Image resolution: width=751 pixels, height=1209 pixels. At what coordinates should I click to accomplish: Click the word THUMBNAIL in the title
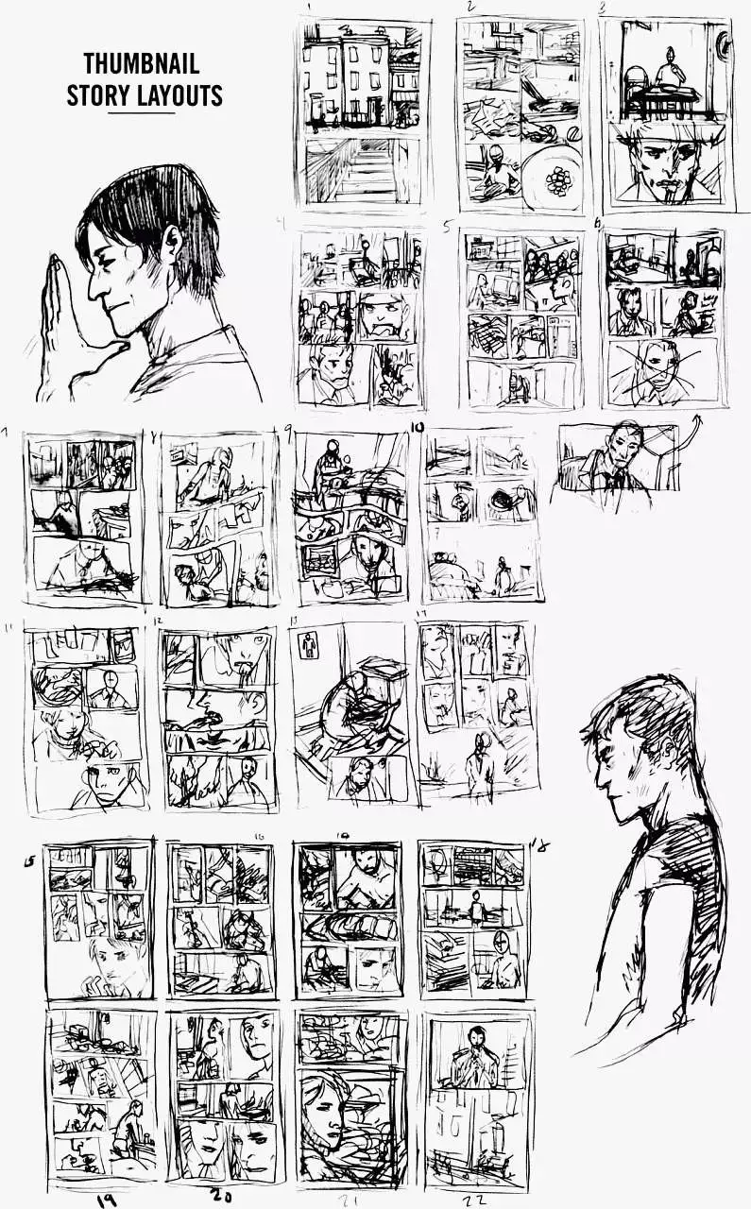[x=142, y=64]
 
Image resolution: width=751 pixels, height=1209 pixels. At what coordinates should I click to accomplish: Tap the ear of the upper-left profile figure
[x=172, y=244]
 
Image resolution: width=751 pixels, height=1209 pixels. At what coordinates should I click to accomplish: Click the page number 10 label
[x=417, y=427]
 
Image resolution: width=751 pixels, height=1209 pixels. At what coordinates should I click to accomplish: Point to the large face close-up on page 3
[x=667, y=166]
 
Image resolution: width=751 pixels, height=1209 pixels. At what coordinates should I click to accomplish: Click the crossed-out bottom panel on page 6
[x=663, y=372]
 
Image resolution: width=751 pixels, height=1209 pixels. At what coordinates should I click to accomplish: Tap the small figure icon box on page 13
[x=308, y=646]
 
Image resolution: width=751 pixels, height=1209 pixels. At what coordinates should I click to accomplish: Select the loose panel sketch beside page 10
[x=618, y=456]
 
